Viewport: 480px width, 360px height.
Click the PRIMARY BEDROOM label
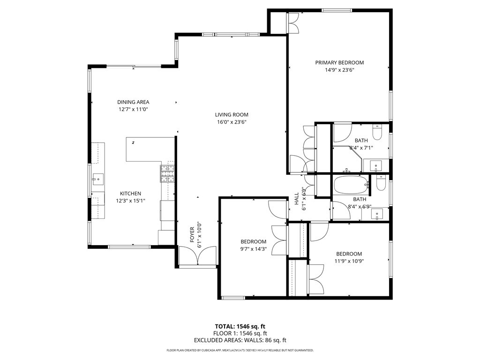(339, 62)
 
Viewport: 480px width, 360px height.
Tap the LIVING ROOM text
(232, 114)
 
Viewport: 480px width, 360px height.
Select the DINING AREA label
(133, 102)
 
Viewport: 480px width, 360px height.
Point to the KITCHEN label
(130, 194)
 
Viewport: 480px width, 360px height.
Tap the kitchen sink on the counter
(98, 178)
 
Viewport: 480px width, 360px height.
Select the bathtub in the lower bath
(351, 185)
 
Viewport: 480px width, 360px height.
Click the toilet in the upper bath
(377, 129)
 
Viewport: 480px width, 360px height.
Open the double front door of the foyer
(197, 257)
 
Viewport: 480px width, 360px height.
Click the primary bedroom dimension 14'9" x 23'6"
(339, 70)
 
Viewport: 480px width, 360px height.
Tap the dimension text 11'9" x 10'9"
(349, 261)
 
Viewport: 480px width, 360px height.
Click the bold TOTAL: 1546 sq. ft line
(240, 326)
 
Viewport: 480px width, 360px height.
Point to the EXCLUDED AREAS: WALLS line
(240, 340)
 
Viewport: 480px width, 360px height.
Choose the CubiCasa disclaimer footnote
(240, 350)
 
